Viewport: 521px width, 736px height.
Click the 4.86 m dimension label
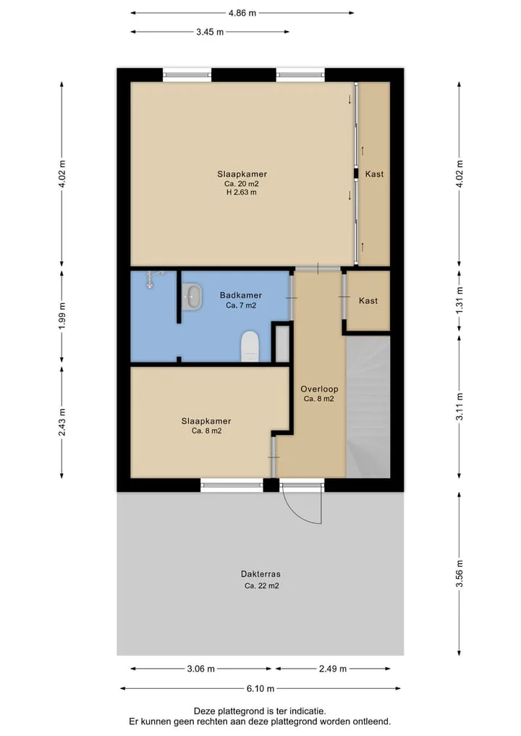point(242,13)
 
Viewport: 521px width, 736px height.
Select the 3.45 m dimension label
point(210,32)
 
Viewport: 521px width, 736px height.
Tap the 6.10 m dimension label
point(260,688)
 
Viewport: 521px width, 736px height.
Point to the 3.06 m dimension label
point(201,669)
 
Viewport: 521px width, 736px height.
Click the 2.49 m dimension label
point(333,669)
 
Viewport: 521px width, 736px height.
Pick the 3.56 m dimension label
point(459,574)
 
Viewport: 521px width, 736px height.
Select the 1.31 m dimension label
point(459,300)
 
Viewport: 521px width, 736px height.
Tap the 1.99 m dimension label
point(62,316)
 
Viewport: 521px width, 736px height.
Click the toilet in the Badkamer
point(250,347)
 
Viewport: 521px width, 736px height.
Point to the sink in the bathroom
point(192,297)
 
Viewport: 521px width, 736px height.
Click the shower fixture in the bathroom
point(152,279)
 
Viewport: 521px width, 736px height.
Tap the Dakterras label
point(260,574)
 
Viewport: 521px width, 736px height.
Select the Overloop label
point(319,389)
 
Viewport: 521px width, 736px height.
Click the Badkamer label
point(241,295)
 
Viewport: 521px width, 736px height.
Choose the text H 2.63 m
point(241,193)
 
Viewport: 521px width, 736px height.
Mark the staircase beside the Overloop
point(368,407)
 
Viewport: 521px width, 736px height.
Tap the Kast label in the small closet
point(368,301)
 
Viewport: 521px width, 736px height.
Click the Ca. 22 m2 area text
point(261,585)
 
